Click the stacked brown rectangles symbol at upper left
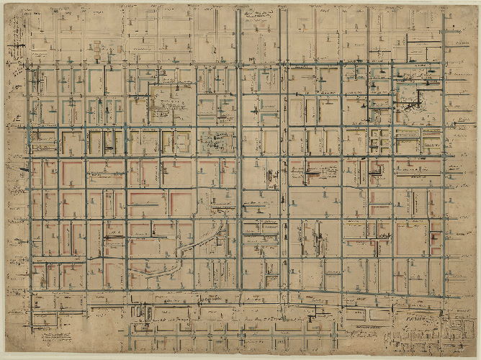click(x=98, y=50)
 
